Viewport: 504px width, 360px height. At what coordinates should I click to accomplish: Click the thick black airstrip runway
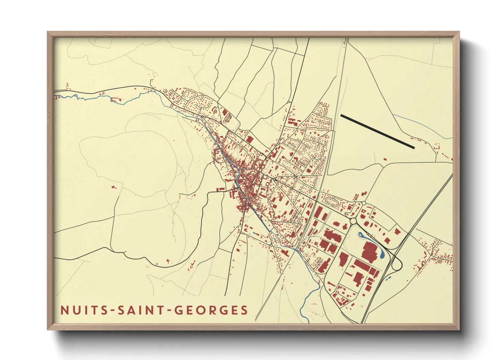point(377,131)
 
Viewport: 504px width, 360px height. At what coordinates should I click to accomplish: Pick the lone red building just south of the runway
point(385,159)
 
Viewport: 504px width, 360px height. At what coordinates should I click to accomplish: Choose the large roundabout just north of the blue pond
point(353,221)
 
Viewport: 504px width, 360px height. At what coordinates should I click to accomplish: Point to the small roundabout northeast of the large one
point(364,203)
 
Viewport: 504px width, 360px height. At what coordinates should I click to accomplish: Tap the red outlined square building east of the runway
point(436,147)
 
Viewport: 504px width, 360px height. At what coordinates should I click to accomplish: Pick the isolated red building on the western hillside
point(113,187)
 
